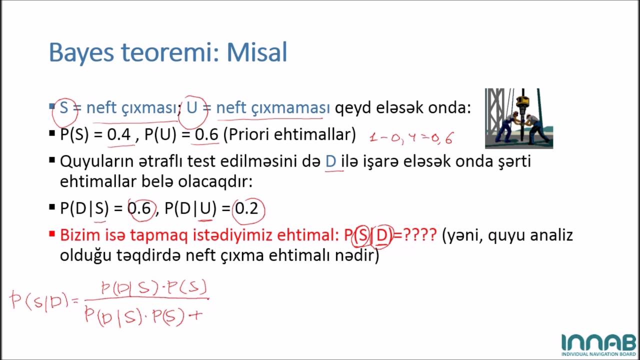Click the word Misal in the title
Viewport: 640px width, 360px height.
coord(257,52)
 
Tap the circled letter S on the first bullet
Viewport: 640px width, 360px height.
coord(64,107)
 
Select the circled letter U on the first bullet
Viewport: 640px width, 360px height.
coord(192,107)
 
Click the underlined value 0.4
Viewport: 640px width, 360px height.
coord(119,134)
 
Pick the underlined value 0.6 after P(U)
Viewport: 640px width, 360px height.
coord(206,134)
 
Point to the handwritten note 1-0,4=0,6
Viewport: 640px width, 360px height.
coord(411,138)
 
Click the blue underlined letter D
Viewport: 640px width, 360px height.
coord(331,161)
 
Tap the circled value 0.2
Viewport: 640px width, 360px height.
coord(247,208)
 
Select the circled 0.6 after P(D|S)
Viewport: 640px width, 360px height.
coord(139,208)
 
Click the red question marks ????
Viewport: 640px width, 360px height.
coord(419,234)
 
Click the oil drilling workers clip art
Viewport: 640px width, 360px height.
coord(518,118)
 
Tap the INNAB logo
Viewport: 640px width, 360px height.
coord(598,344)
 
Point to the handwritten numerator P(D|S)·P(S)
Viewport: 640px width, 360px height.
coord(153,287)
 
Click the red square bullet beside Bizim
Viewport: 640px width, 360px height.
coord(52,233)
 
